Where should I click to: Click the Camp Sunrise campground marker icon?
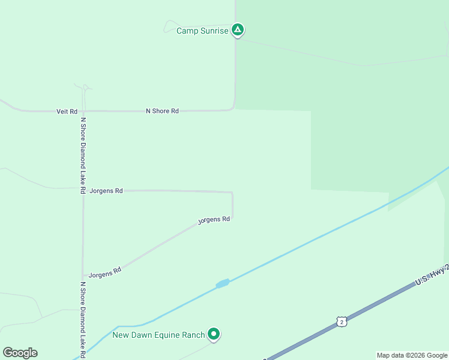238,29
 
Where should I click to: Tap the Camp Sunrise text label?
202,31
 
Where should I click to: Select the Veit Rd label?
67,112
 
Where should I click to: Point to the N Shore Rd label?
162,111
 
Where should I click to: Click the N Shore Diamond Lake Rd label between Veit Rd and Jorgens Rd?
83,155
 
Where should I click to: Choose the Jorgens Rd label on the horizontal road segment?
106,191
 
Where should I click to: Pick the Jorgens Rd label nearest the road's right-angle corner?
214,220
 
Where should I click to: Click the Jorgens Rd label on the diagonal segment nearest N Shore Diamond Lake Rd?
105,272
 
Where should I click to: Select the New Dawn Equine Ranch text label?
158,334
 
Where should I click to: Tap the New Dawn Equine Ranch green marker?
213,334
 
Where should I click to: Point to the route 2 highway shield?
341,322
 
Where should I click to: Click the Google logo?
20,353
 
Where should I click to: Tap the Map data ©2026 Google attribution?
412,355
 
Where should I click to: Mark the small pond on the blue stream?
223,283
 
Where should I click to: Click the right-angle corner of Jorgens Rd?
232,193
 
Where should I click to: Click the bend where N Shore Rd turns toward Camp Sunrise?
233,108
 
